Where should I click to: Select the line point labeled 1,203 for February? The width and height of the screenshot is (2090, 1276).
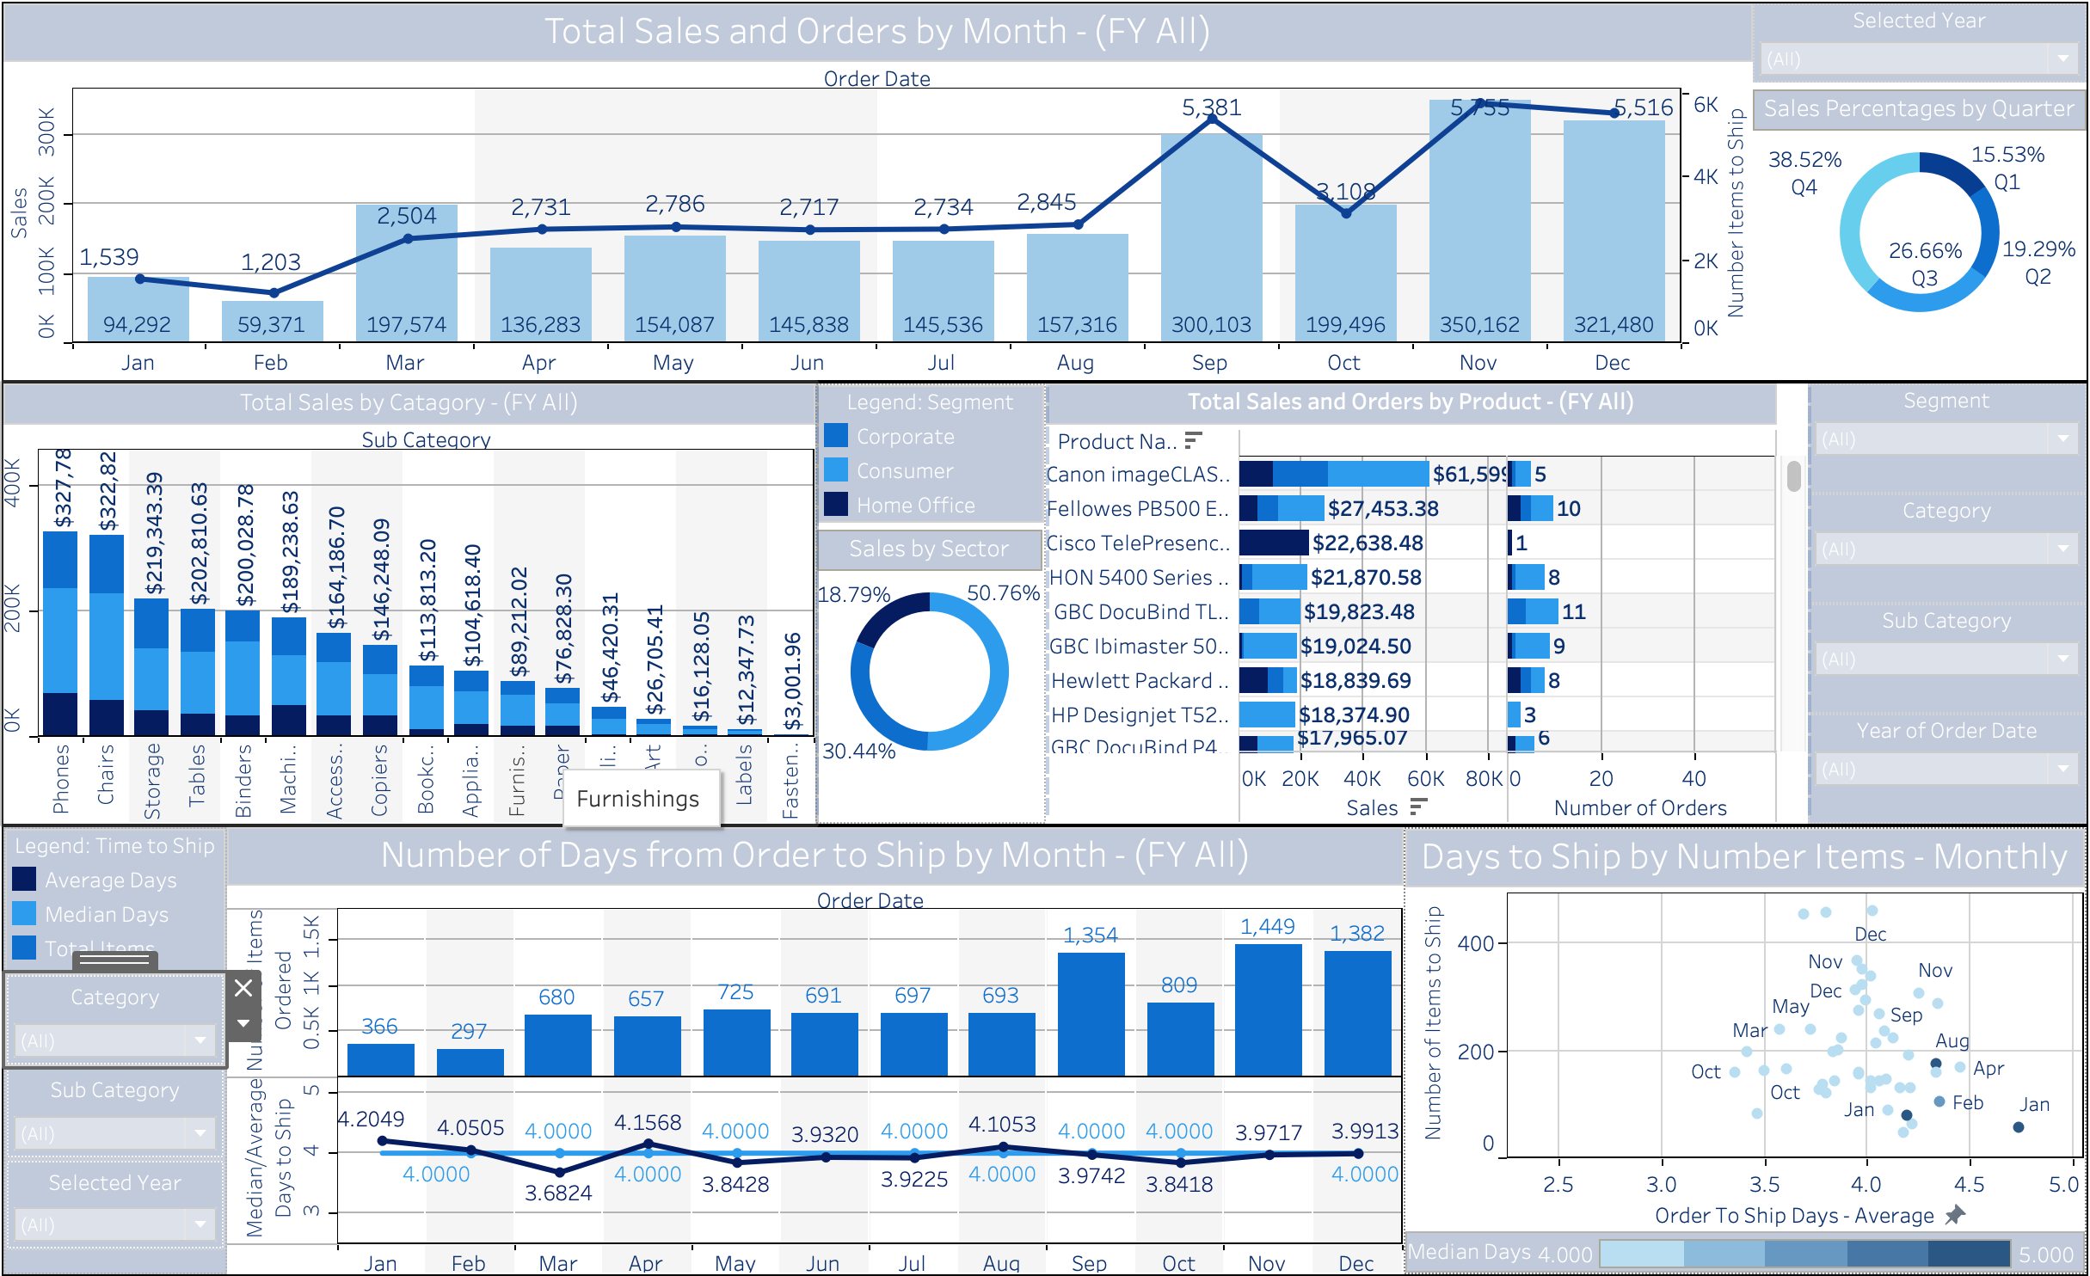click(274, 292)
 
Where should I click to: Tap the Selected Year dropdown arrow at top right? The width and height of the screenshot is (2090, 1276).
click(2063, 59)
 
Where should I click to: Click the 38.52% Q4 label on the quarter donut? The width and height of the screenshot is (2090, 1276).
click(1804, 173)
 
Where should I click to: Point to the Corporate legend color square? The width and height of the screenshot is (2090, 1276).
click(836, 436)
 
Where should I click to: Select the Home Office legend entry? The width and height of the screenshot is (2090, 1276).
click(915, 506)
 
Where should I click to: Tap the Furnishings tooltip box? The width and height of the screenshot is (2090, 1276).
click(638, 799)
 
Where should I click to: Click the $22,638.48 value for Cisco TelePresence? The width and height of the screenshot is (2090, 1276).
click(1368, 543)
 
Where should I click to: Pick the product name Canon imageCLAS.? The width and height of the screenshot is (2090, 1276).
click(1137, 475)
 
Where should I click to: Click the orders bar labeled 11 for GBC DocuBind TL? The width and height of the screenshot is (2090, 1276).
click(1533, 611)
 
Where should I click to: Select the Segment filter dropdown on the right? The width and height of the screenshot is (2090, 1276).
click(1946, 439)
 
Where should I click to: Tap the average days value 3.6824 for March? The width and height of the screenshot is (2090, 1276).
click(558, 1193)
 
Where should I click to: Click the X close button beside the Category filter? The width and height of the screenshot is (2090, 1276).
click(243, 988)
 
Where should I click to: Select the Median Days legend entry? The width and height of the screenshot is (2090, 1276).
click(107, 915)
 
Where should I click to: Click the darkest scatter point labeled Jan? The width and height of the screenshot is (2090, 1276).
click(2018, 1127)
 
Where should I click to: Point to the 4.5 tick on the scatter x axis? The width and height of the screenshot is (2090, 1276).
click(1969, 1185)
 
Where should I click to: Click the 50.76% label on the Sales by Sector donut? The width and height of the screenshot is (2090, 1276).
click(1003, 593)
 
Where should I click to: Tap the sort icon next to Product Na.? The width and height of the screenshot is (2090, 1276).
click(1193, 440)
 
